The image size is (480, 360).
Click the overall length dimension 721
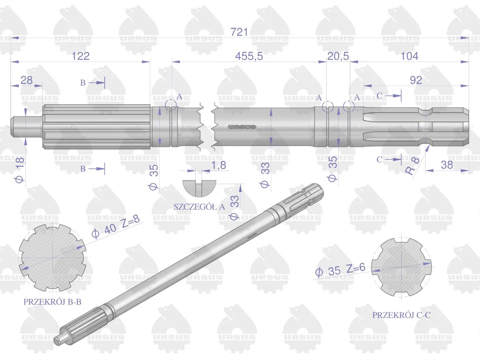pos(239,32)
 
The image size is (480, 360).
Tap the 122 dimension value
pos(81,56)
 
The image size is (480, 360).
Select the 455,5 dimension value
pos(249,56)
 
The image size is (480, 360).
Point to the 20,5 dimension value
pos(338,56)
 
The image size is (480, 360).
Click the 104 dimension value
pos(409,56)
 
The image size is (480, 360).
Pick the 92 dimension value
pos(416,80)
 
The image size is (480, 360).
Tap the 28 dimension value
pos(27,80)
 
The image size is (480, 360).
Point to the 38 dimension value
pos(447,165)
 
